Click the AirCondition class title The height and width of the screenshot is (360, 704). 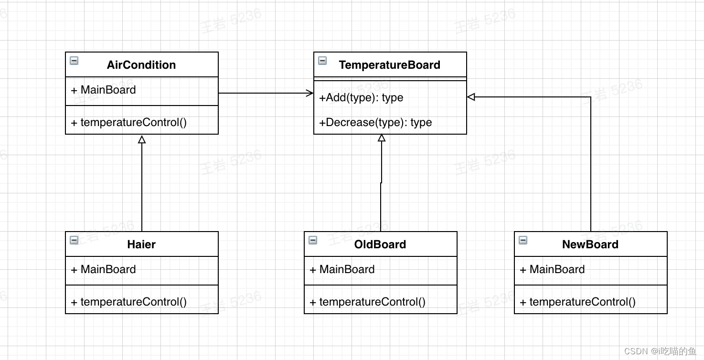(x=141, y=65)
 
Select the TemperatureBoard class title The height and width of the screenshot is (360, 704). (x=389, y=65)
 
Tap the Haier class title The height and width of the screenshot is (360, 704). (x=141, y=244)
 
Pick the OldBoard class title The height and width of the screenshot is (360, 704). (x=380, y=244)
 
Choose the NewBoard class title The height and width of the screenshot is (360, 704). (x=590, y=244)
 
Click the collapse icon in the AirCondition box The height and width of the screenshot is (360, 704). (x=74, y=61)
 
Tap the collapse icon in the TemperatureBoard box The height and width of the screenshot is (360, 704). (x=322, y=61)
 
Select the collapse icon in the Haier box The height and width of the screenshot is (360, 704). (x=74, y=240)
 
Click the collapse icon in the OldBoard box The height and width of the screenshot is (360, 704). (x=313, y=240)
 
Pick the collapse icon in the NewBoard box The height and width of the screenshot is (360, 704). (x=523, y=240)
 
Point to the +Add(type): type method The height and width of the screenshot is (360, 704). (x=361, y=97)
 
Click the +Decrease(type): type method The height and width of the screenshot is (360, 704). (x=375, y=122)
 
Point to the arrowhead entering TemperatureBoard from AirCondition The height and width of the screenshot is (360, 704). (x=310, y=93)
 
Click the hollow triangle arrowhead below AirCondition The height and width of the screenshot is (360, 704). (x=142, y=139)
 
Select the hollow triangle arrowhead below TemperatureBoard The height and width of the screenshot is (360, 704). (x=382, y=138)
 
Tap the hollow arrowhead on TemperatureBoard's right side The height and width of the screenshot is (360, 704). (x=471, y=97)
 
